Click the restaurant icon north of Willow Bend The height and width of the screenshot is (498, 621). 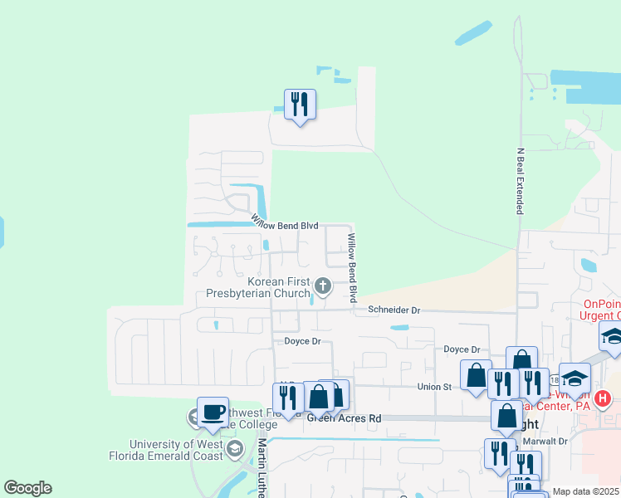300,105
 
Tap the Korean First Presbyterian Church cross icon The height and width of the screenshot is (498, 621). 323,287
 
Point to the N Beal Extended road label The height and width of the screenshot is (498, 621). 521,182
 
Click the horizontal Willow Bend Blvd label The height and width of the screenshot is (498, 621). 286,225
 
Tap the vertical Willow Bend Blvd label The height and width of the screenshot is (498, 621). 352,267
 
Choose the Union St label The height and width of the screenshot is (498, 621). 434,386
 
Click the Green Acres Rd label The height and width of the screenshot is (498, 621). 344,419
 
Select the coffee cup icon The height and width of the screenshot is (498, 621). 213,413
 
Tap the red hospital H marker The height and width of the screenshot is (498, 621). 604,398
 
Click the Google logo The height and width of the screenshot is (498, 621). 27,488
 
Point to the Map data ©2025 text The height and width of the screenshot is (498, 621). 585,491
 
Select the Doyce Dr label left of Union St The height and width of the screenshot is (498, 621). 302,341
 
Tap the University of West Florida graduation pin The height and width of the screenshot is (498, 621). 235,450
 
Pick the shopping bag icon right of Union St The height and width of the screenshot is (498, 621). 476,374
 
